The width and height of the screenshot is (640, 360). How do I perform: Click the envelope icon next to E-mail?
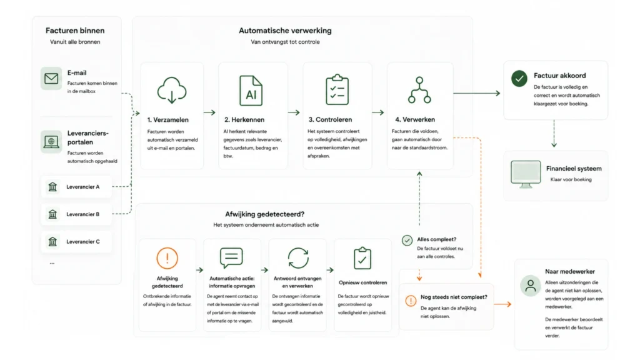pyautogui.click(x=51, y=78)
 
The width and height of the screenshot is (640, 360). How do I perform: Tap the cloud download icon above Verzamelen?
pyautogui.click(x=172, y=90)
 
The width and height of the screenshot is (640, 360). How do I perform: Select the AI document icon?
pyautogui.click(x=251, y=91)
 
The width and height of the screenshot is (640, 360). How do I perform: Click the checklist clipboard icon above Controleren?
pyautogui.click(x=337, y=89)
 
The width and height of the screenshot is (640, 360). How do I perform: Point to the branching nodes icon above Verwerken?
pyautogui.click(x=419, y=90)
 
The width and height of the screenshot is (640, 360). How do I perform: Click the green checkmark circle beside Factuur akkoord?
pyautogui.click(x=519, y=78)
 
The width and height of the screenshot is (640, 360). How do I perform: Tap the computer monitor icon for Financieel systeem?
pyautogui.click(x=526, y=174)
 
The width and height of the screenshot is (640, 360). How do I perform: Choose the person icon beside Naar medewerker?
pyautogui.click(x=531, y=285)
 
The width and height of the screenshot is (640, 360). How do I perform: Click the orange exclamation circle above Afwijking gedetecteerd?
pyautogui.click(x=167, y=258)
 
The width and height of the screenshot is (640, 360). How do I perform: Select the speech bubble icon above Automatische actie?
pyautogui.click(x=231, y=258)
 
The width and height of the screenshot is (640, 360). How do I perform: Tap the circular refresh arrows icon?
pyautogui.click(x=298, y=258)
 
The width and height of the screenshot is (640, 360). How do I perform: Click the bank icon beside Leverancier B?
pyautogui.click(x=52, y=214)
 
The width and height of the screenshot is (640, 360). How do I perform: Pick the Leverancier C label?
pyautogui.click(x=83, y=242)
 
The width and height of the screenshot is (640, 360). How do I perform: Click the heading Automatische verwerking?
pyautogui.click(x=285, y=31)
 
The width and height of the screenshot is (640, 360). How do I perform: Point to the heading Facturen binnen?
pyautogui.click(x=75, y=31)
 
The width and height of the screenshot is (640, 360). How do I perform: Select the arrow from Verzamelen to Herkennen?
pyautogui.click(x=210, y=112)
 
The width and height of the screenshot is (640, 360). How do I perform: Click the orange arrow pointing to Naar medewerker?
pyautogui.click(x=502, y=304)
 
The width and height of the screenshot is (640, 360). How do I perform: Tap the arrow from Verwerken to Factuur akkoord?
pyautogui.click(x=477, y=93)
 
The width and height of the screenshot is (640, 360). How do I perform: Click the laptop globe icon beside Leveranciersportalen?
pyautogui.click(x=51, y=142)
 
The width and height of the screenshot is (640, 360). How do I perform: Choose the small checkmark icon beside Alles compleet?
pyautogui.click(x=407, y=241)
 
